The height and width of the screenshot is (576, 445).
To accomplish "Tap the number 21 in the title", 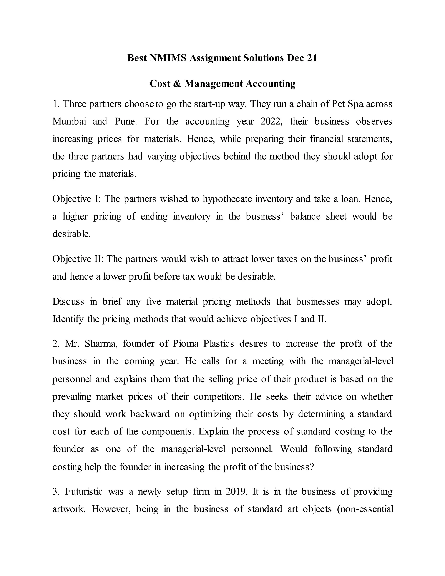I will pos(312,58).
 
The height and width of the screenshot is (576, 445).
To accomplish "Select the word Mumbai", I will pos(69,121).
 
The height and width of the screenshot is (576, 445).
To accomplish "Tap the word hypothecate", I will pos(227,199).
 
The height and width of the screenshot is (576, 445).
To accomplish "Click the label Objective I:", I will pos(76,199).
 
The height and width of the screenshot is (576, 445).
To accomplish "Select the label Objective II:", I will pos(78,259).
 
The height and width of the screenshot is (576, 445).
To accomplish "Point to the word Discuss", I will pos(68,301).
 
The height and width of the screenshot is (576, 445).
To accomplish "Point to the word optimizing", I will pos(210,414).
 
